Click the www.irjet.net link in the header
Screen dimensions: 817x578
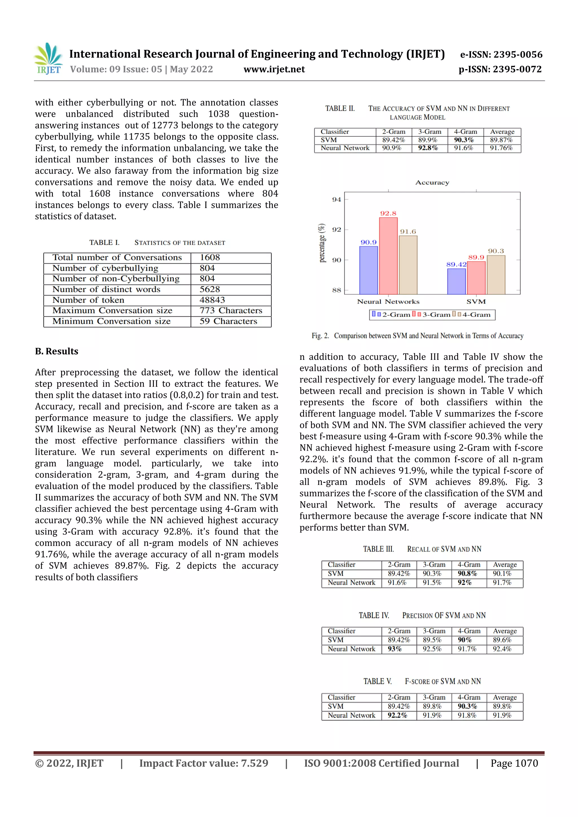coord(274,69)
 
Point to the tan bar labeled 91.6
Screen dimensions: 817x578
coord(408,265)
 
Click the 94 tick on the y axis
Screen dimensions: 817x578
coord(336,200)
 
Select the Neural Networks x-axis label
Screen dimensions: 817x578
coord(388,302)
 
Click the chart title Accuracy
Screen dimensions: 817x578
coord(432,182)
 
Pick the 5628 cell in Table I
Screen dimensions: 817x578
coord(210,289)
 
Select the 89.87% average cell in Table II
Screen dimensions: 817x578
coord(501,140)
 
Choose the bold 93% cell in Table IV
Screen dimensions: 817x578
coord(395,649)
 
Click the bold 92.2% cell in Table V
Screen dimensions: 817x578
coord(397,715)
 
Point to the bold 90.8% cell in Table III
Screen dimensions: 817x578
coord(467,574)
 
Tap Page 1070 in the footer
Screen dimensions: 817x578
coord(514,763)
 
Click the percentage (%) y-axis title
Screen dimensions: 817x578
coord(322,243)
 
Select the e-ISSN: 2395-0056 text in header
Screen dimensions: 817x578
coord(501,54)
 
